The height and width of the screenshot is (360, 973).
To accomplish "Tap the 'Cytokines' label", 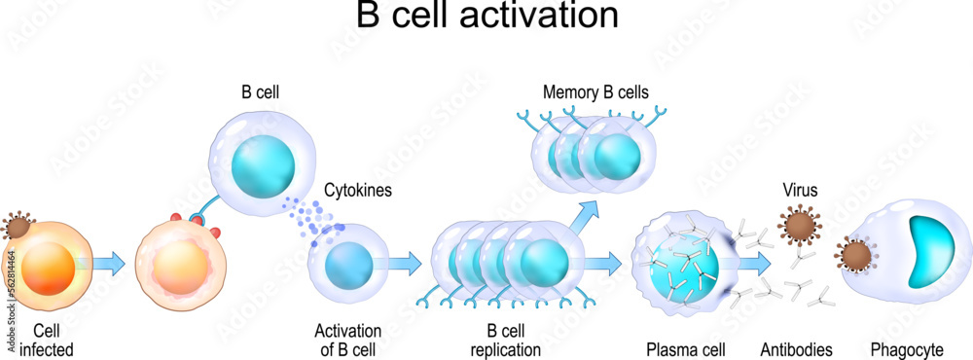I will click(358, 191).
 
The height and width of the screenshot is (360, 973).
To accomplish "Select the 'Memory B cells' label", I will click(595, 93).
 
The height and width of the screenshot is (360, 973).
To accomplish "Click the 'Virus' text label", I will click(800, 192).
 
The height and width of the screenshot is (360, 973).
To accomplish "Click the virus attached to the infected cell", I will click(18, 227).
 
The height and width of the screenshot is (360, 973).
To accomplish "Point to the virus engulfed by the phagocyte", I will click(857, 257).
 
